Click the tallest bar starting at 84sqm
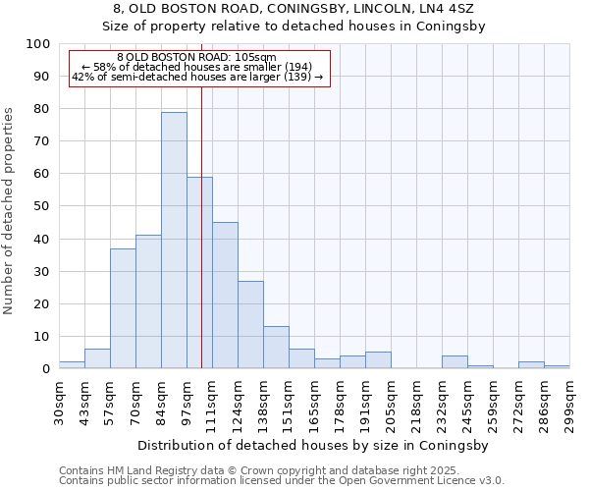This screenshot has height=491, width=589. point(174,241)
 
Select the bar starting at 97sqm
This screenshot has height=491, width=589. point(199,273)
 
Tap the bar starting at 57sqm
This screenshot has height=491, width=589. point(123,308)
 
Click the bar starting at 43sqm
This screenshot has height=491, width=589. point(97,358)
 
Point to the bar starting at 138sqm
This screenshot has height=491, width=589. point(276,348)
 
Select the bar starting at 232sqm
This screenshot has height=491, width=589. point(455,362)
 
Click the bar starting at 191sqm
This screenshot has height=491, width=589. point(378,360)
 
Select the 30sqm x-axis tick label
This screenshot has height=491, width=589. point(59,401)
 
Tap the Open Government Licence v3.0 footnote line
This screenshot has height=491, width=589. point(281,481)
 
